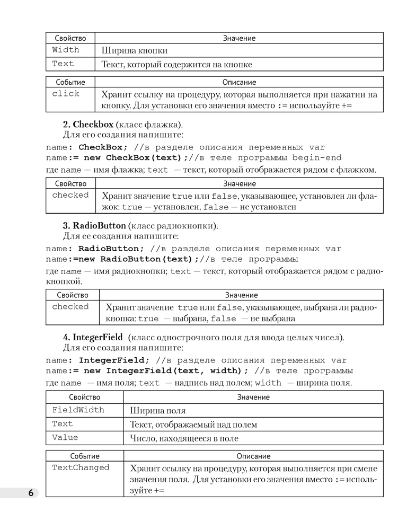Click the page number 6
[x=30, y=493]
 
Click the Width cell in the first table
[x=66, y=50]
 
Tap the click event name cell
[x=66, y=94]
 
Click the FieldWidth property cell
[x=78, y=410]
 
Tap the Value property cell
[x=65, y=438]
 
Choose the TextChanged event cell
[x=81, y=467]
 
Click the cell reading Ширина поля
[x=157, y=411]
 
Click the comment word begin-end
[x=317, y=158]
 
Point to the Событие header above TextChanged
[x=85, y=456]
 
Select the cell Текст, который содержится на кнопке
[x=176, y=64]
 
